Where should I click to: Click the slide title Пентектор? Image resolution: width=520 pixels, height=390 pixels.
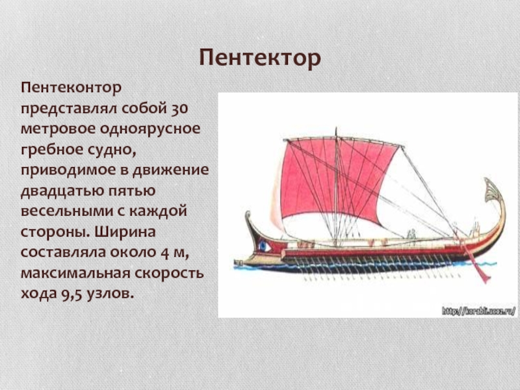click(260, 58)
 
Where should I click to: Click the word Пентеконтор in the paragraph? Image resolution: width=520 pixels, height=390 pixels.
click(71, 88)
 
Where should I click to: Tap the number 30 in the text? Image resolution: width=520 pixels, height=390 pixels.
click(180, 109)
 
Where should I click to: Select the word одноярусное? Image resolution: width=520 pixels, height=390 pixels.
click(150, 129)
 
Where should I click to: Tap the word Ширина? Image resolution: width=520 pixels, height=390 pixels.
click(125, 232)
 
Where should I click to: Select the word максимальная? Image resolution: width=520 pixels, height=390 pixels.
click(75, 274)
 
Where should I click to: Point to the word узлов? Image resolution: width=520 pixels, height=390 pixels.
click(110, 294)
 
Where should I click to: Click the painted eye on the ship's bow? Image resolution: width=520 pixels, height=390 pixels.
click(263, 246)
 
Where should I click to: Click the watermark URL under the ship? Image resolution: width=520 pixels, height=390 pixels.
click(478, 311)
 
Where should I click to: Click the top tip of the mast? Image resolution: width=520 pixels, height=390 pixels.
click(336, 127)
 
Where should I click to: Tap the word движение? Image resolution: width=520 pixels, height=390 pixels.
click(171, 170)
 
